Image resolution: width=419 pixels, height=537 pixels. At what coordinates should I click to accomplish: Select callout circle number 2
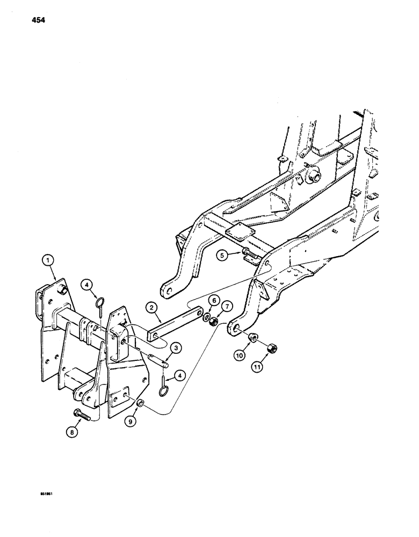(154, 308)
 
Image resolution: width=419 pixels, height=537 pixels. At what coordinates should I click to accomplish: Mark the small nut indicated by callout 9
(141, 402)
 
